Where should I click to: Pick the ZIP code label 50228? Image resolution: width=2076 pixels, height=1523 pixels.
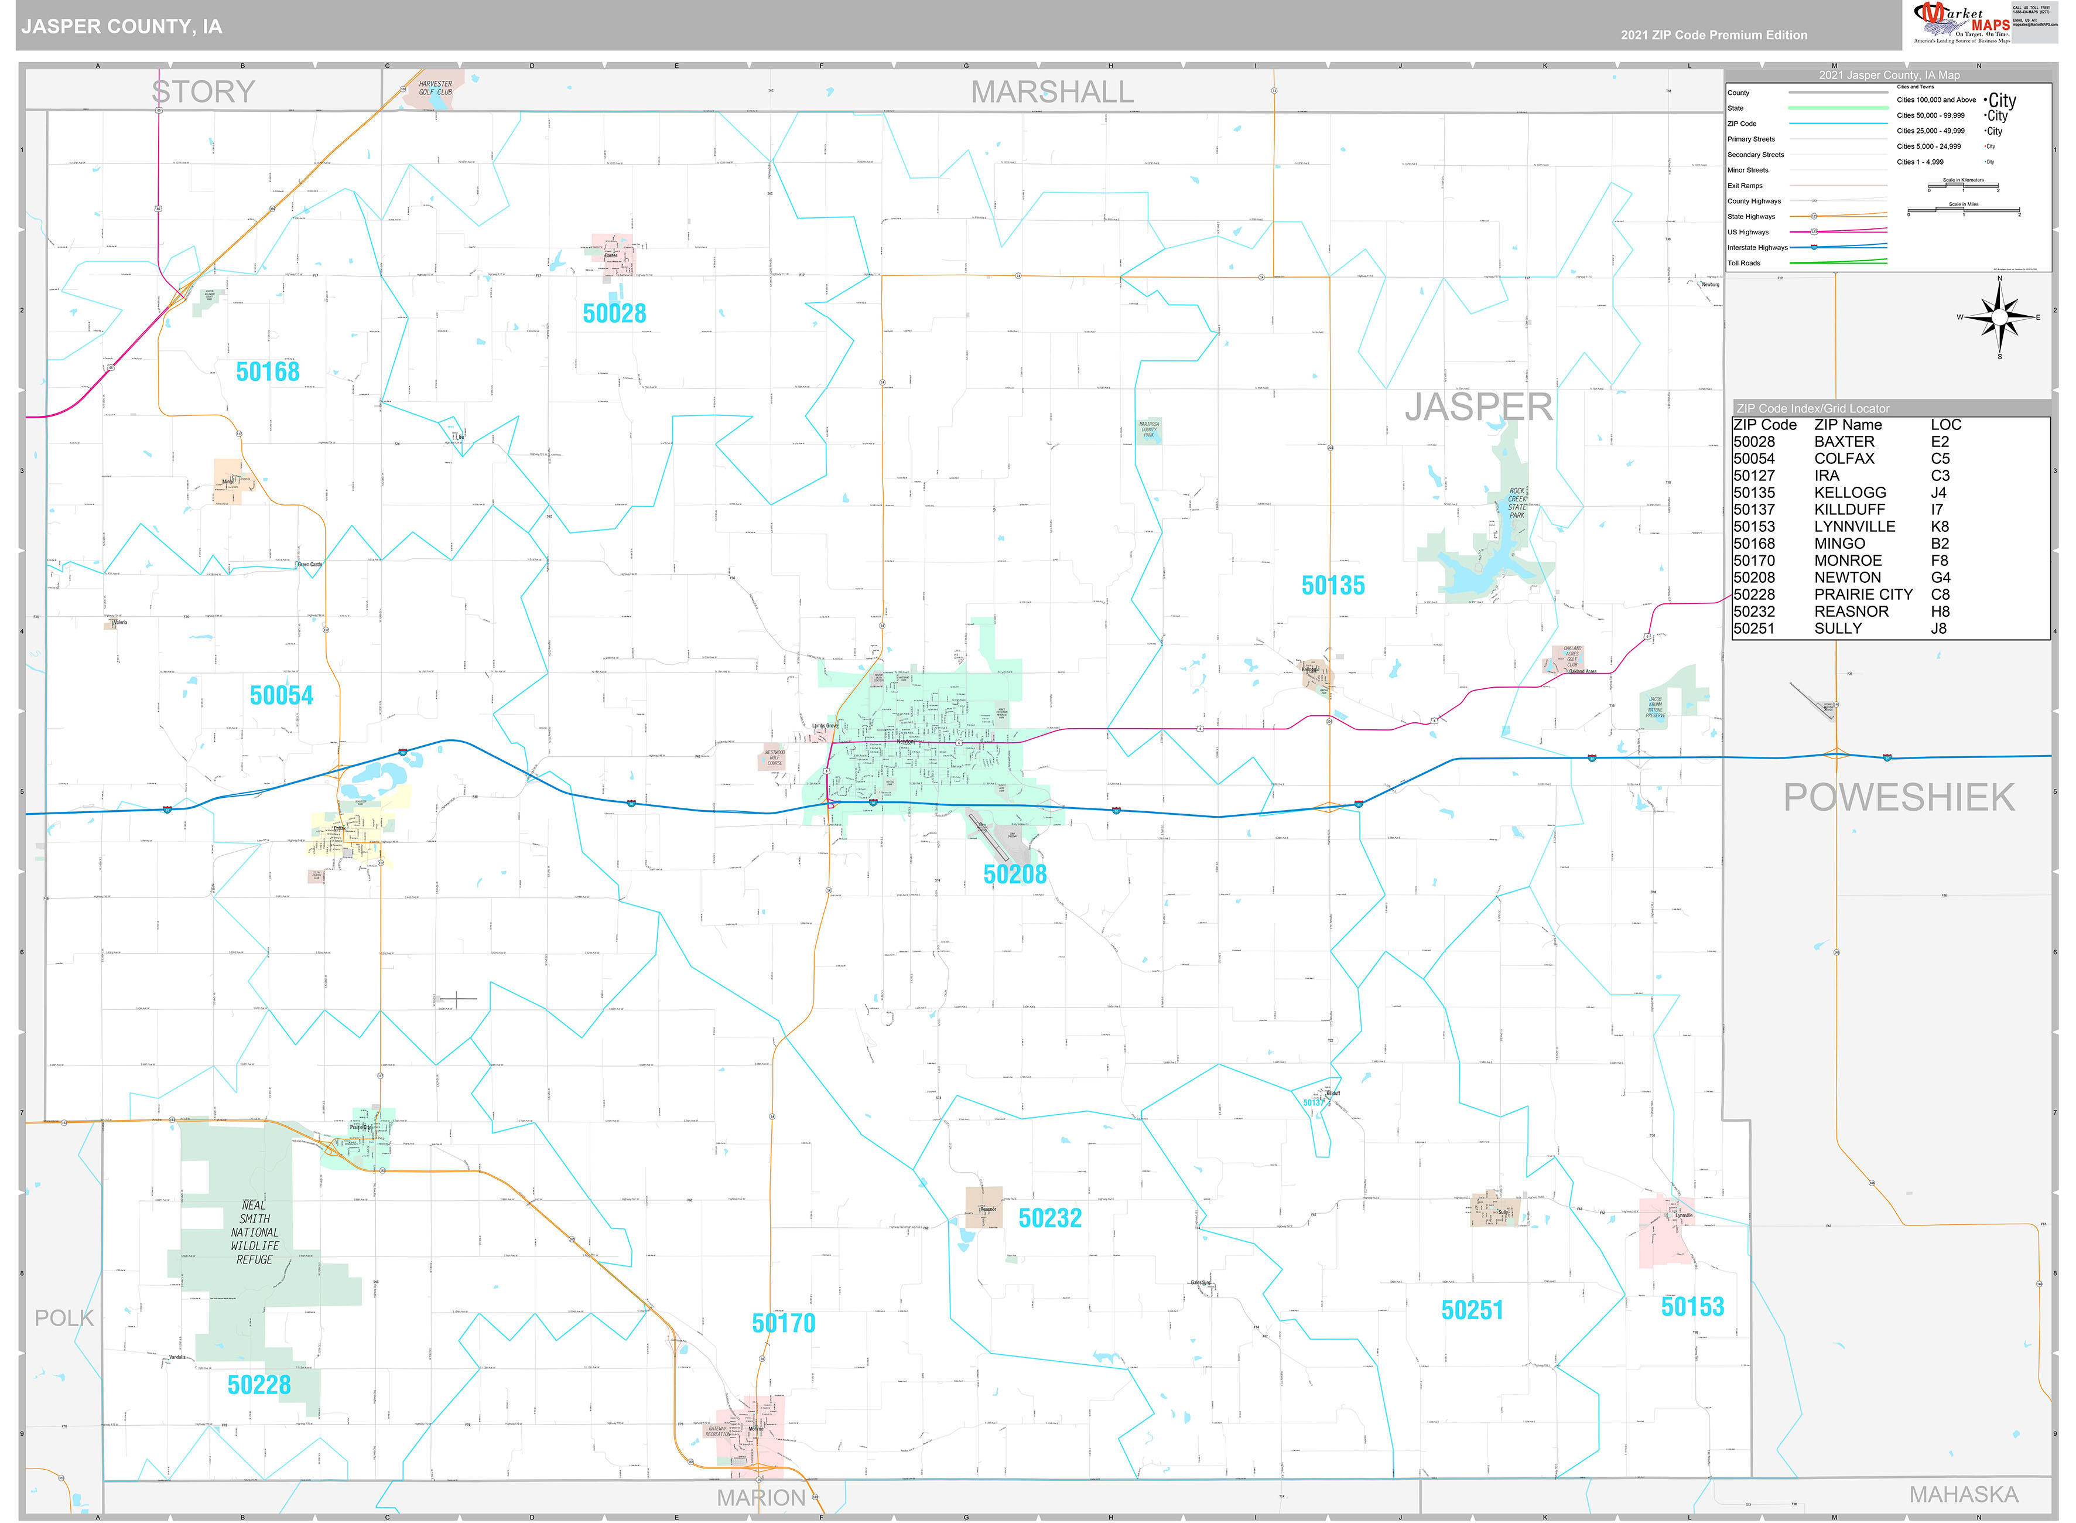click(x=259, y=1385)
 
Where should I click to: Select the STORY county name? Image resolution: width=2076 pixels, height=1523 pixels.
click(x=203, y=92)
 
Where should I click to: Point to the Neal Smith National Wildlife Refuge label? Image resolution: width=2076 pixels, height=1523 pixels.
click(x=254, y=1232)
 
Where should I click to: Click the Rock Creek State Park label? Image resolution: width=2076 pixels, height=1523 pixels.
click(x=1517, y=503)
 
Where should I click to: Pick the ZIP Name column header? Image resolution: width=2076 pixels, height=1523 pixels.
click(x=1848, y=425)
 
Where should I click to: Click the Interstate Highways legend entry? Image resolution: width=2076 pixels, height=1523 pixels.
click(x=1757, y=248)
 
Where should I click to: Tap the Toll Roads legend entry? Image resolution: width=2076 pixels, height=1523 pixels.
click(x=1743, y=264)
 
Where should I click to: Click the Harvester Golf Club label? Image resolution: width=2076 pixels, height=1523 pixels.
click(x=435, y=88)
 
